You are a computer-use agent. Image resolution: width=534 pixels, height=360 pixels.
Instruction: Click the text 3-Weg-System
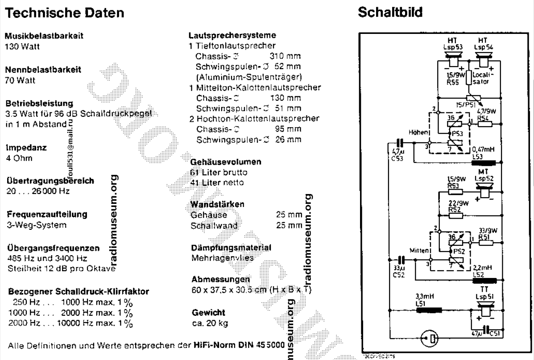tap(35, 225)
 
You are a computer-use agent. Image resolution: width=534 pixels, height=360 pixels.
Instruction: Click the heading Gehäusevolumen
tap(225, 162)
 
